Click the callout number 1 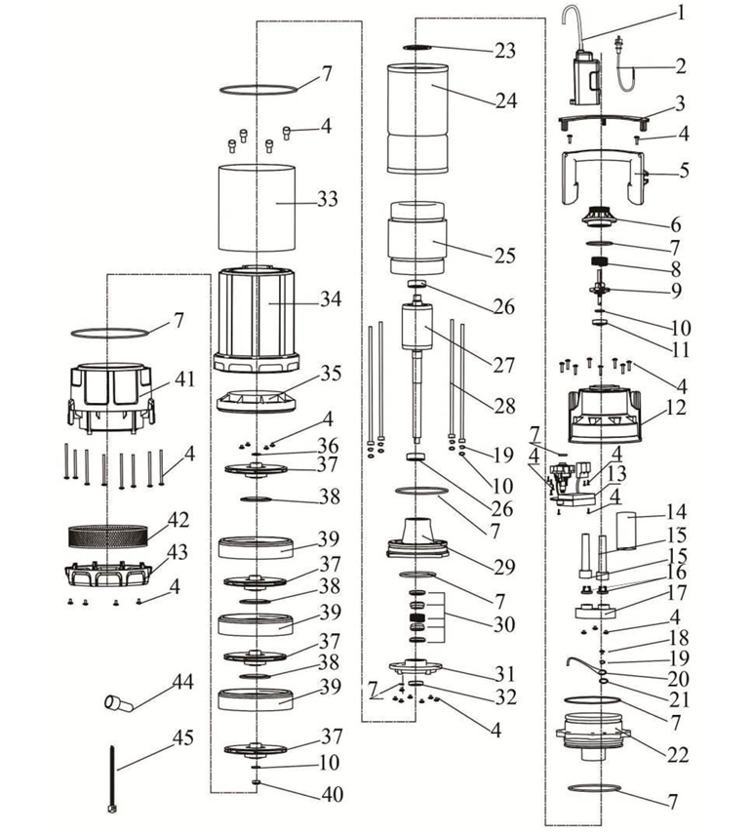pos(680,12)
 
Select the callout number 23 pos(505,51)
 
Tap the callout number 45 pos(183,737)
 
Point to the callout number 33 pos(328,199)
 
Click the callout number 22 pos(678,755)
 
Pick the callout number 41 pos(184,379)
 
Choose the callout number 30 pos(504,624)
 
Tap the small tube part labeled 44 pos(119,703)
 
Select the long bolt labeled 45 pos(113,779)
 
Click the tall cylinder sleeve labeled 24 pos(417,119)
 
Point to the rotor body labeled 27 pos(416,326)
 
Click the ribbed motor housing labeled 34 pos(257,319)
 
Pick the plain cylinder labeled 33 pos(257,208)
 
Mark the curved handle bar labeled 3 pos(603,120)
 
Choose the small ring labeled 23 pos(417,48)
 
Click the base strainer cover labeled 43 pos(108,574)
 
